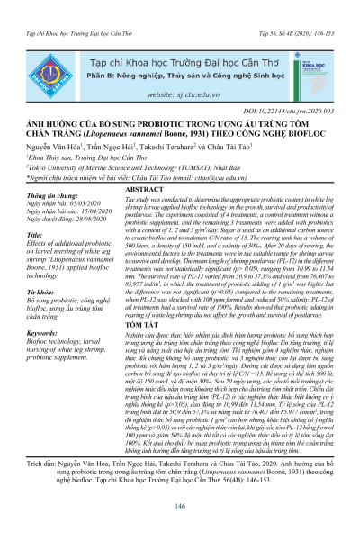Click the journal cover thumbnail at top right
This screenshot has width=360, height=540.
coord(311,52)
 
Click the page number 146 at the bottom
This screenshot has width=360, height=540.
coord(179,508)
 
